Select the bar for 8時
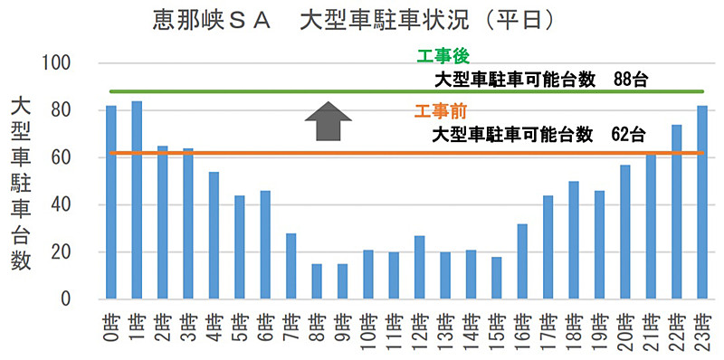pyautogui.click(x=317, y=281)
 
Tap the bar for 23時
pyautogui.click(x=702, y=203)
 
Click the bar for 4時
pyautogui.click(x=214, y=235)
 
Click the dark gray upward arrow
pyautogui.click(x=327, y=122)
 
